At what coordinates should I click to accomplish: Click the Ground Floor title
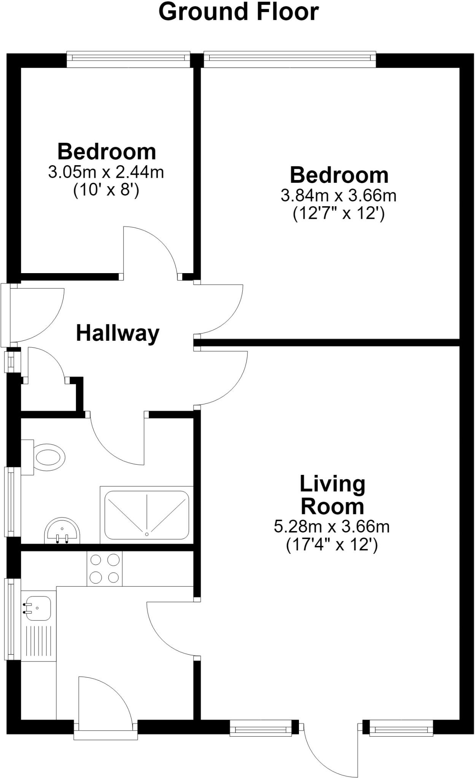click(x=238, y=12)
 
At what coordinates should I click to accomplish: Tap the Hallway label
click(x=118, y=334)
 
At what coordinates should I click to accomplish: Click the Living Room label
click(x=332, y=495)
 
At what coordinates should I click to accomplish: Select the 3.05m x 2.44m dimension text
click(x=106, y=172)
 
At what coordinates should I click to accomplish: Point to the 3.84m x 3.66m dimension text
click(x=338, y=196)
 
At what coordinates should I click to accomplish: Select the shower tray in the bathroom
click(x=147, y=515)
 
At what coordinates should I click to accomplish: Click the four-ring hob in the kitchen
click(x=105, y=569)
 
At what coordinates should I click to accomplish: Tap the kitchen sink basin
click(x=37, y=608)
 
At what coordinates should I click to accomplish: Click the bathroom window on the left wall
click(x=12, y=502)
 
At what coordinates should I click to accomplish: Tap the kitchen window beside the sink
click(x=12, y=619)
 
